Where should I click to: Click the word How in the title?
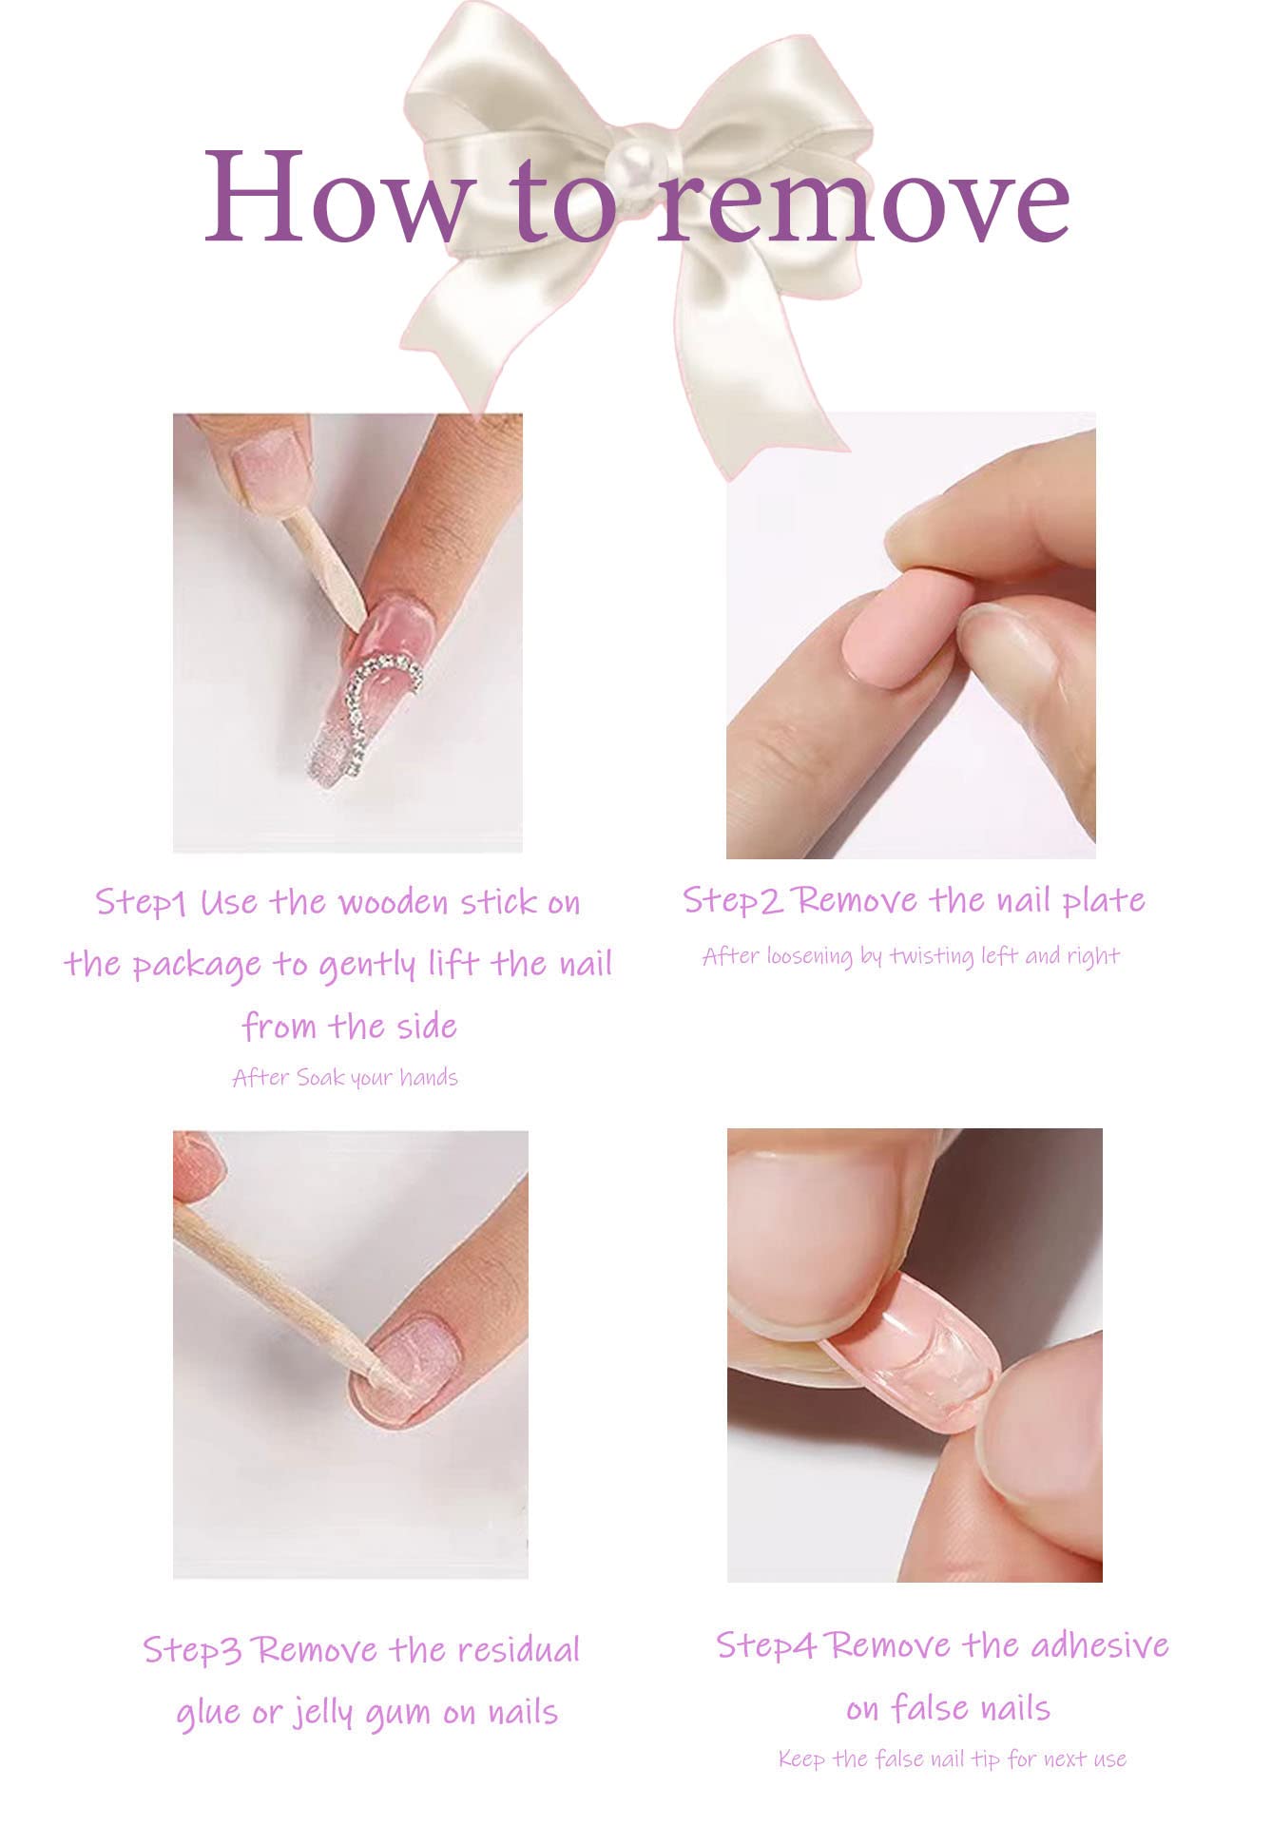(337, 197)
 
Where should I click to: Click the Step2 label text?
(733, 899)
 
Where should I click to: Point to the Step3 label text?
(192, 1650)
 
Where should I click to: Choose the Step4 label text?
(766, 1645)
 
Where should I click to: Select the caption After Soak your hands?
(345, 1078)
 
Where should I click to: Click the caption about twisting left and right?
(911, 955)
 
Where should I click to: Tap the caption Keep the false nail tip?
(952, 1759)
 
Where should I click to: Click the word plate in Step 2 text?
(1104, 900)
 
